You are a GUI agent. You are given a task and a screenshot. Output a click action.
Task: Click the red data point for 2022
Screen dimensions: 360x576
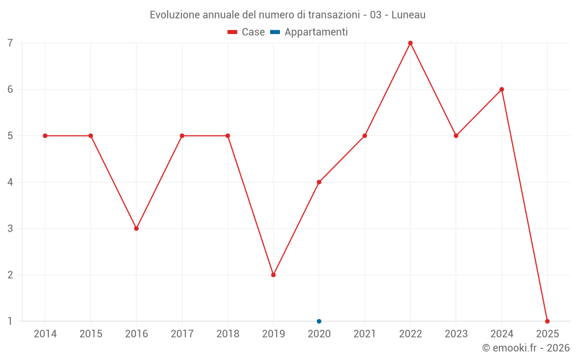[410, 43]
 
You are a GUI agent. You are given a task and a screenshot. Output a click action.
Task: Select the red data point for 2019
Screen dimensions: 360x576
[274, 275]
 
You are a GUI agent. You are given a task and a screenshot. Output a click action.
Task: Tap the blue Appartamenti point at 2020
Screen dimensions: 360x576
[319, 321]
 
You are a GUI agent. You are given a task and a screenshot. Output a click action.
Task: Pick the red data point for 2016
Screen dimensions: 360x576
[137, 229]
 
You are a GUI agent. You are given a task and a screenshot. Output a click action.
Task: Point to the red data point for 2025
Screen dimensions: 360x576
[547, 321]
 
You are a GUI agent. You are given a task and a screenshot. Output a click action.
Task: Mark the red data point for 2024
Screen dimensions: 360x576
[502, 89]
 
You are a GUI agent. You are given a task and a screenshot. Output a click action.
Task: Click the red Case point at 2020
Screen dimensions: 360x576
[319, 182]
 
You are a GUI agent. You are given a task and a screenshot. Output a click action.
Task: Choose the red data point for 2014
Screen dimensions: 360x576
[45, 136]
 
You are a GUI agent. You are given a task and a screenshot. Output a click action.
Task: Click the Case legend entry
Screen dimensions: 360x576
[247, 32]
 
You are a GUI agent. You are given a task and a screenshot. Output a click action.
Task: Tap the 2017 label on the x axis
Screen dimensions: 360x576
[182, 334]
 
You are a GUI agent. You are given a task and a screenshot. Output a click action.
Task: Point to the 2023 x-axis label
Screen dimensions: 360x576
[456, 334]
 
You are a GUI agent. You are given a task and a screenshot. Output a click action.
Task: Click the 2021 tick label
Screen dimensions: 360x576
[365, 334]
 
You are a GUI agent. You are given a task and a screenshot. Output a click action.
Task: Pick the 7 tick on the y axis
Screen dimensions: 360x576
[10, 43]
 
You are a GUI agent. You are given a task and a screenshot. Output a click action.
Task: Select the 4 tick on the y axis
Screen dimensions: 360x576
[10, 182]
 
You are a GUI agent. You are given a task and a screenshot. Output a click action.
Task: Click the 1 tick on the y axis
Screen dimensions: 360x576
[10, 321]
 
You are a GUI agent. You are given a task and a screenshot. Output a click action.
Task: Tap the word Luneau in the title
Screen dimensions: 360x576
[408, 15]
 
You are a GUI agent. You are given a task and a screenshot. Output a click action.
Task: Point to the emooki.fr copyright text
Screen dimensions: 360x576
[526, 348]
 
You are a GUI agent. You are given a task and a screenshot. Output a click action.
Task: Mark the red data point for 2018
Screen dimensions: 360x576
[228, 136]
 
